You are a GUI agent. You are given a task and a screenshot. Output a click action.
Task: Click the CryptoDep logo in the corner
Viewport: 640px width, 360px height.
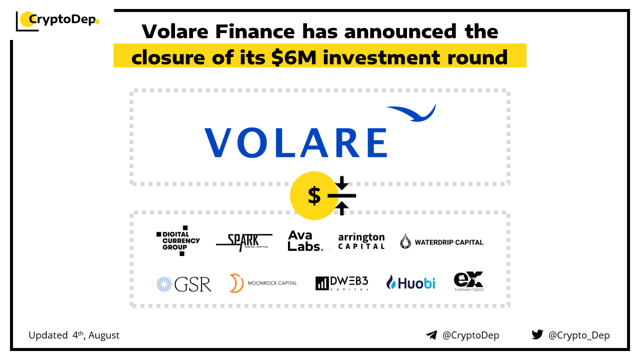tap(57, 21)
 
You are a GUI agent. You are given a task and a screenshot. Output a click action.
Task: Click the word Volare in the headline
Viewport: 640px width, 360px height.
tap(175, 31)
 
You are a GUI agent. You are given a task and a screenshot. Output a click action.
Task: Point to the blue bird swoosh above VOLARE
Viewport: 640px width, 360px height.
tap(411, 113)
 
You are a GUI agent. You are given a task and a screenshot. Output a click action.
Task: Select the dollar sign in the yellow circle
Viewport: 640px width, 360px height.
tap(314, 195)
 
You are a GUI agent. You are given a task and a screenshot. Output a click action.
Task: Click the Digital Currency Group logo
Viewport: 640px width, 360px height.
tap(178, 240)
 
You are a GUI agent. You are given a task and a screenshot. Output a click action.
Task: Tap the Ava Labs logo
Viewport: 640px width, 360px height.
tap(305, 241)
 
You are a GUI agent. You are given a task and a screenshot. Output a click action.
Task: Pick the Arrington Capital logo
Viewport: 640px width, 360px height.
tap(361, 241)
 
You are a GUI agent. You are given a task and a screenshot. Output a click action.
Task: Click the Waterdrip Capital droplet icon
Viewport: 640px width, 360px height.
tap(405, 241)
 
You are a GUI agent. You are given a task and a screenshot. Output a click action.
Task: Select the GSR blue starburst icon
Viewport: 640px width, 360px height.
tap(164, 284)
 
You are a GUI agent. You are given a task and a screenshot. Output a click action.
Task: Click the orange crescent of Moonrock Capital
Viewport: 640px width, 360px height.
tap(236, 283)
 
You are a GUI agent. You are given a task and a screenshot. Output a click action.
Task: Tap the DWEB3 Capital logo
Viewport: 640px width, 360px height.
tap(341, 283)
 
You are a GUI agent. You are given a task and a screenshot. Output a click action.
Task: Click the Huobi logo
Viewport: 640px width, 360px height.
tap(410, 282)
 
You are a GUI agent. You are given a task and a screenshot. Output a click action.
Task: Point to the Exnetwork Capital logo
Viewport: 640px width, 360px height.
tap(468, 281)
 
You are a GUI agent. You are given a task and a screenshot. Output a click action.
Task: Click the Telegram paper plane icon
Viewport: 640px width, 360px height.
tap(431, 335)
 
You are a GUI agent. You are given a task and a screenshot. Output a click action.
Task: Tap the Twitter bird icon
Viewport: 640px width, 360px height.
tap(537, 334)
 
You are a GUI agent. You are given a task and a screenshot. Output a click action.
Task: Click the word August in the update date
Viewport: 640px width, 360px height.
tap(103, 335)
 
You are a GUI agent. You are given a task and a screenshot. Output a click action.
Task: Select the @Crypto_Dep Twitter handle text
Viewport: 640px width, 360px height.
tap(579, 335)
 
